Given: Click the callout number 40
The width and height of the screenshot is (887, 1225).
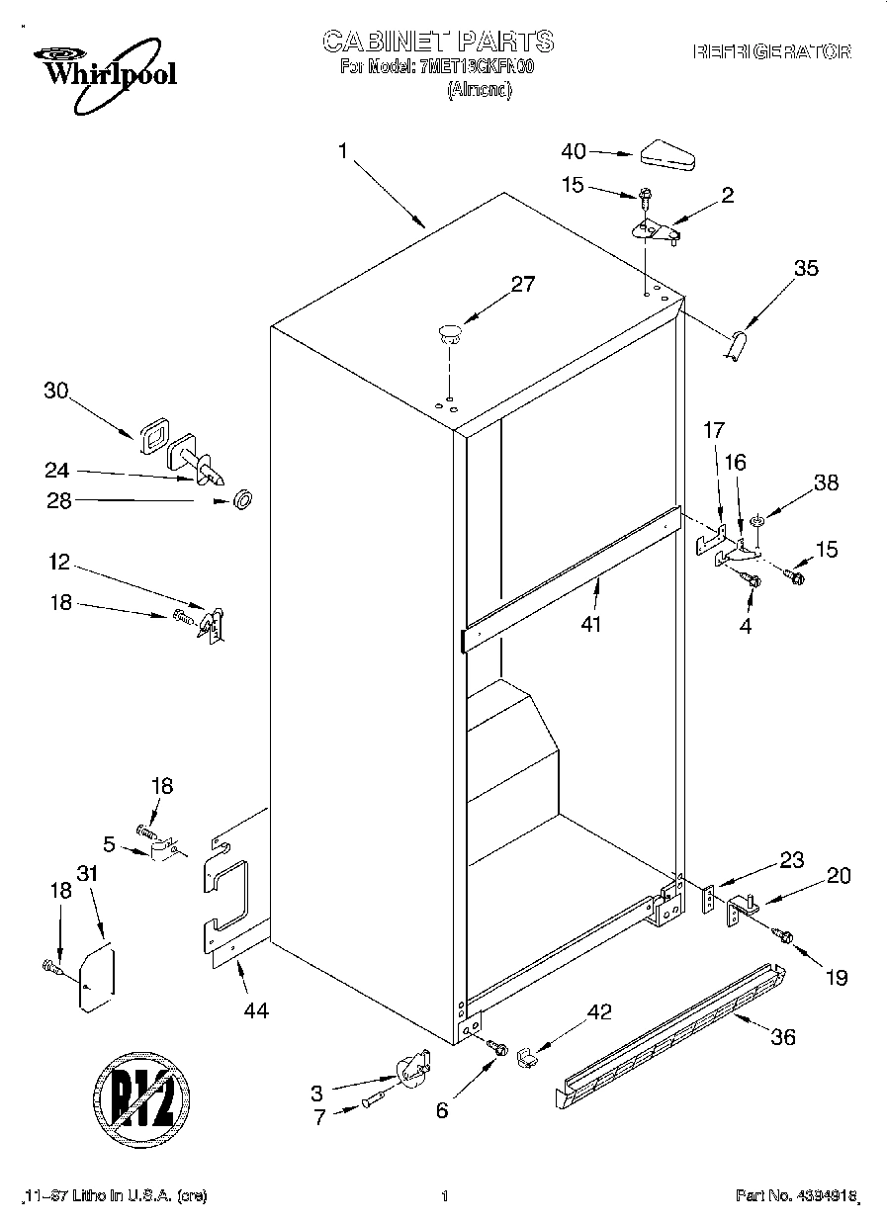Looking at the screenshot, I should click(x=574, y=151).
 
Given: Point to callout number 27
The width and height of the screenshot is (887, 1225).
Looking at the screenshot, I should click(x=522, y=285).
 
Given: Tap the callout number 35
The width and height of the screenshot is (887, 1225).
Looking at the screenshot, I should click(x=806, y=267).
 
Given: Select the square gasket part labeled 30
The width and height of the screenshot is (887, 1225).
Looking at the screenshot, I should click(x=152, y=436).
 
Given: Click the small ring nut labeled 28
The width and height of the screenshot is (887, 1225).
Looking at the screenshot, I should click(x=239, y=500).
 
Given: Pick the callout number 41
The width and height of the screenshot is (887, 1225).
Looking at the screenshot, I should click(x=592, y=624).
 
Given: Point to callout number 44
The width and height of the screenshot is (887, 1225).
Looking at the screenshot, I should click(x=256, y=1009).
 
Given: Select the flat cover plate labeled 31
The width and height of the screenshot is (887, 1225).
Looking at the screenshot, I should click(x=97, y=980).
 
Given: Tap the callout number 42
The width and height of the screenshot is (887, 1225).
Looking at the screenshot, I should click(x=599, y=1011).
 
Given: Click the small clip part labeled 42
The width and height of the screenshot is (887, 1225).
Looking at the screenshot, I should click(x=528, y=1057).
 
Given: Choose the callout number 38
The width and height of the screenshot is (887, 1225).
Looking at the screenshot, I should click(x=825, y=482).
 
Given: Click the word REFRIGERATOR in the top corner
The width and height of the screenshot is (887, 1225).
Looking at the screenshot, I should click(x=771, y=52).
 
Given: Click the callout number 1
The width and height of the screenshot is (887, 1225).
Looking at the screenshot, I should click(x=342, y=151).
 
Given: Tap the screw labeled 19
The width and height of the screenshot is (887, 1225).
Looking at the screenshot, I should click(x=785, y=932).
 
